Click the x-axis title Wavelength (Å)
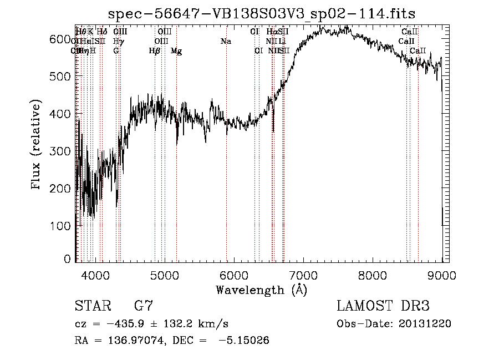click(261, 290)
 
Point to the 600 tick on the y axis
click(65, 39)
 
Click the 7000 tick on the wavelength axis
click(303, 275)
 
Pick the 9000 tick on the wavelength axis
click(442, 275)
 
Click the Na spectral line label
click(226, 42)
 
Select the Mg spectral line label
click(176, 51)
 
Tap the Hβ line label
click(155, 51)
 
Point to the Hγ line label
click(118, 42)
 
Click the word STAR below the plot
click(92, 306)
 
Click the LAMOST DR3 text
click(383, 306)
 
